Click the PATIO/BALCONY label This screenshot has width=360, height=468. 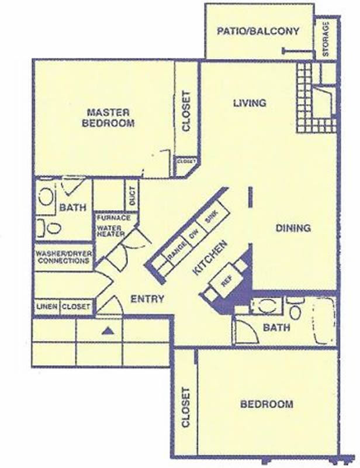pyautogui.click(x=258, y=31)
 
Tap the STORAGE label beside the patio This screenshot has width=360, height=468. pyautogui.click(x=326, y=39)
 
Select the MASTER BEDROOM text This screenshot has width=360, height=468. pyautogui.click(x=108, y=118)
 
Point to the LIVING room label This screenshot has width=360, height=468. pyautogui.click(x=250, y=103)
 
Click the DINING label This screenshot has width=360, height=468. pyautogui.click(x=293, y=228)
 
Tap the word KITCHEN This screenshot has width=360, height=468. pyautogui.click(x=210, y=257)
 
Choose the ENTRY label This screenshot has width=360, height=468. pyautogui.click(x=147, y=298)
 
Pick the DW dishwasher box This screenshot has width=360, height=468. pyautogui.click(x=193, y=235)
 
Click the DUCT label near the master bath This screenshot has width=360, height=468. pyautogui.click(x=133, y=196)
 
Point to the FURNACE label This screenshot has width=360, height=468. pyautogui.click(x=113, y=218)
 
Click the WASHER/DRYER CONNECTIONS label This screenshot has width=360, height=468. pyautogui.click(x=64, y=257)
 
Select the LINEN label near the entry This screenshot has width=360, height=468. pyautogui.click(x=47, y=307)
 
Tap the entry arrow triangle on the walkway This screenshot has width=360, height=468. pyautogui.click(x=108, y=331)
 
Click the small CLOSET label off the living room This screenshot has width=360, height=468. pyautogui.click(x=186, y=161)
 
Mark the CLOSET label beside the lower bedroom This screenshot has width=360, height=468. pyautogui.click(x=185, y=407)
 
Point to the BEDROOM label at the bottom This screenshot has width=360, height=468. pyautogui.click(x=266, y=404)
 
